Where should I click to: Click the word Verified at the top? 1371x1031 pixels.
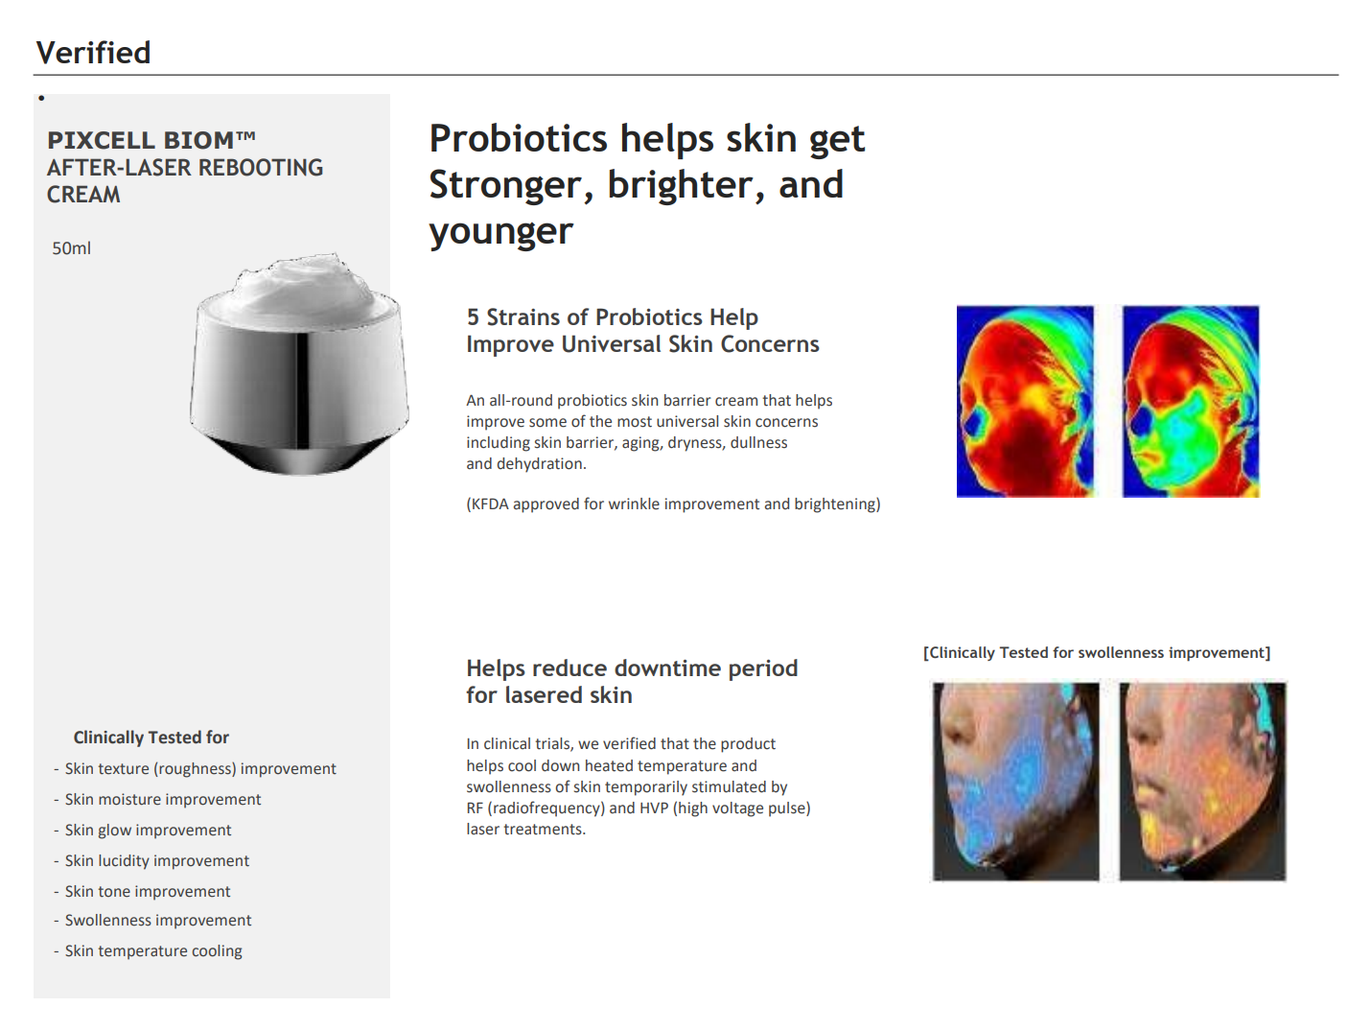click(93, 53)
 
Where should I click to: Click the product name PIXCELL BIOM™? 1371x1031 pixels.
click(151, 140)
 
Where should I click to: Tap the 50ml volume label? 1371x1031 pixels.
click(71, 248)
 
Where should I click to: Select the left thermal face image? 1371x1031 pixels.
click(1025, 401)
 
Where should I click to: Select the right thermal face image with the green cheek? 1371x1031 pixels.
click(1191, 401)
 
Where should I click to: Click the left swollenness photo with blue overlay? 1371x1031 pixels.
click(1016, 781)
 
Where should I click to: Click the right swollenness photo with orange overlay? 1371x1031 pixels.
click(1202, 781)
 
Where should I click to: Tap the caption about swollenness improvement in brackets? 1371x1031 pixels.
click(1097, 653)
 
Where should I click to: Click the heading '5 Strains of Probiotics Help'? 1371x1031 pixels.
click(612, 317)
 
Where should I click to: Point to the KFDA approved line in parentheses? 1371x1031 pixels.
click(673, 504)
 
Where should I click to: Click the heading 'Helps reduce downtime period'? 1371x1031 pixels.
click(632, 668)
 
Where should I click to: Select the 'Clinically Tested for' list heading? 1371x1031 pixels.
click(151, 738)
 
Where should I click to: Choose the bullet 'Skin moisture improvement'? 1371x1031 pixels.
click(163, 800)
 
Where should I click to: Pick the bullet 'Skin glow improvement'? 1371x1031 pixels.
click(149, 831)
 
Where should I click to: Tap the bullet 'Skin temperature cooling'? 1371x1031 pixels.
click(153, 951)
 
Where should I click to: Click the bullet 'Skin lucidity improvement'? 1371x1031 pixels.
click(157, 861)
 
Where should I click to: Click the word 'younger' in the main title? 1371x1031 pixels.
click(500, 232)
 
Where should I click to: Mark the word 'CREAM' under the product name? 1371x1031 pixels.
click(83, 195)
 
